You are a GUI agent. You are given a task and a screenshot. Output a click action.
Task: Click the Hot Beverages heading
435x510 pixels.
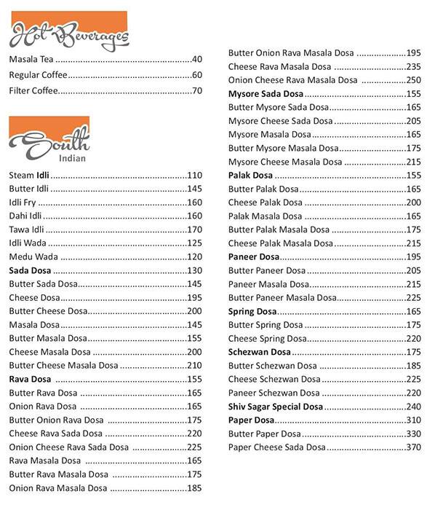tap(69, 34)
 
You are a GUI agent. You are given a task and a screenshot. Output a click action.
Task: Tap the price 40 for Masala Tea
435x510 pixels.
tap(196, 59)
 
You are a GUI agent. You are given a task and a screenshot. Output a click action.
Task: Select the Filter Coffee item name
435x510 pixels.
tap(33, 91)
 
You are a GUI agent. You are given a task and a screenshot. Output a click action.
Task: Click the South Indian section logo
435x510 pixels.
tap(49, 142)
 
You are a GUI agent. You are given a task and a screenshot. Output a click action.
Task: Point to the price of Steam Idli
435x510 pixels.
tap(194, 176)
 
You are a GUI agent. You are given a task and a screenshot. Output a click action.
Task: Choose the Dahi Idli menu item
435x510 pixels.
tap(24, 216)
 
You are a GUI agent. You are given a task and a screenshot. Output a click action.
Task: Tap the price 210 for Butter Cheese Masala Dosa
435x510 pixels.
tap(194, 365)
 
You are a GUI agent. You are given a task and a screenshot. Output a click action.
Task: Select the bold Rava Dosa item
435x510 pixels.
tap(30, 379)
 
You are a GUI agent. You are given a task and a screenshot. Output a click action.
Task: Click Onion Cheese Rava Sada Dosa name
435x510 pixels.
tap(69, 447)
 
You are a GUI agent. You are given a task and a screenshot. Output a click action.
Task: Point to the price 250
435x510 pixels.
tap(414, 80)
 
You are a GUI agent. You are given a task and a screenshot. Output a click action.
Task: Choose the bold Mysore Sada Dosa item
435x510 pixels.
tap(266, 94)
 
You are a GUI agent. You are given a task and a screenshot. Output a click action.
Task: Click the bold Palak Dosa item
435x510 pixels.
tap(250, 176)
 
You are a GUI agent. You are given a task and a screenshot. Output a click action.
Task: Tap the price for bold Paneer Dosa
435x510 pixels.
tap(414, 256)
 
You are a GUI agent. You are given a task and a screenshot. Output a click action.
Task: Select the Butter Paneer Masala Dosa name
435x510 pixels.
tap(282, 297)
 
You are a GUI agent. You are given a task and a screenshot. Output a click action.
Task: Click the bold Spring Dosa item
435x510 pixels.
tap(252, 311)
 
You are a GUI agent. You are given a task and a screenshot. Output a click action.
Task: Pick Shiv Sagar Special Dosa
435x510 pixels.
tap(276, 406)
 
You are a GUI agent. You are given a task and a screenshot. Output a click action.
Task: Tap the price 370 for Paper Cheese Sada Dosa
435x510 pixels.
tap(414, 447)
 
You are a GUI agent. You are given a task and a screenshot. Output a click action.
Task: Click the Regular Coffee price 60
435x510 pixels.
tap(196, 75)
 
